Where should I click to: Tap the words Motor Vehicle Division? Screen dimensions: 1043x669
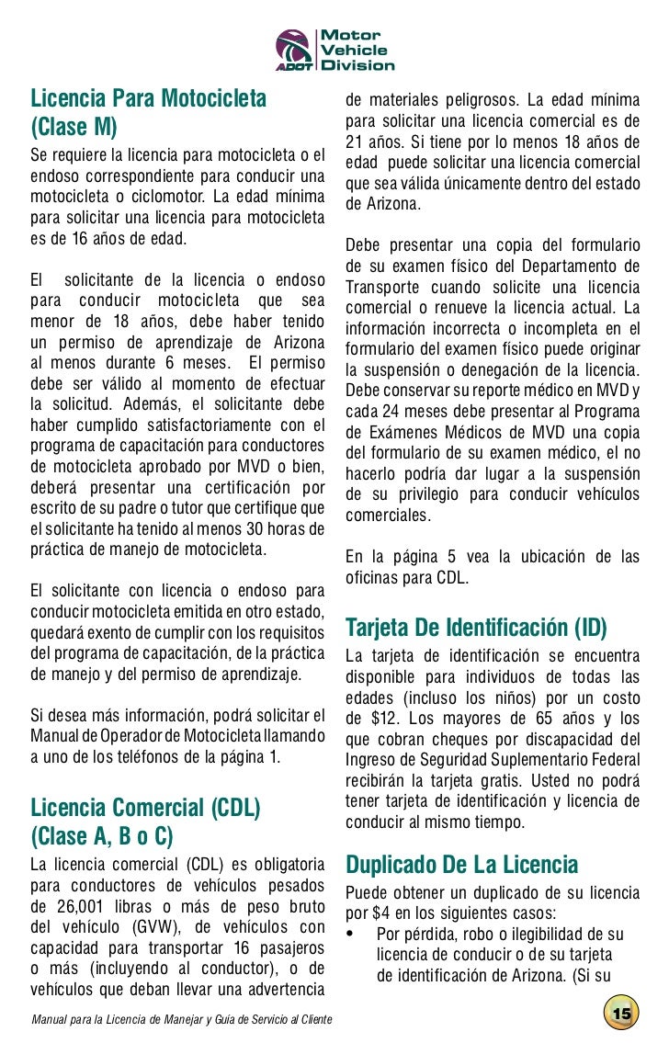pyautogui.click(x=356, y=50)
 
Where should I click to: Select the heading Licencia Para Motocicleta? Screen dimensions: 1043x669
pyautogui.click(x=148, y=96)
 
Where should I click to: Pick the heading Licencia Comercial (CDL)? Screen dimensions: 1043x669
pyautogui.click(x=146, y=808)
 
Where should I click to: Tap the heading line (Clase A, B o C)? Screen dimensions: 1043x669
pyautogui.click(x=102, y=836)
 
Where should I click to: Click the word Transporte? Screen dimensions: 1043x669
pyautogui.click(x=384, y=286)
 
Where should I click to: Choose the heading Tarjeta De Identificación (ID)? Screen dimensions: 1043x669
pyautogui.click(x=476, y=629)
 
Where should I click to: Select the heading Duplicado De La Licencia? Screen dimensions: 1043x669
pyautogui.click(x=461, y=865)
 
